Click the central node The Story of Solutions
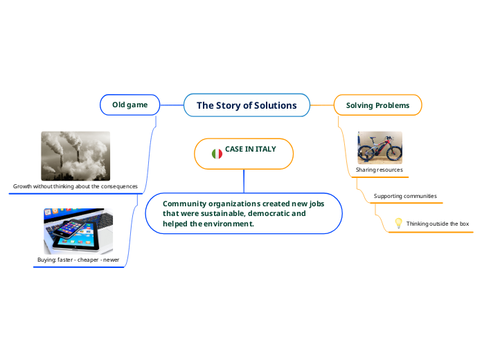[247, 106]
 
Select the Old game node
[130, 105]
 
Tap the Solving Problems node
[377, 105]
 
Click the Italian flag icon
[217, 154]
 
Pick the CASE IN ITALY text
[251, 150]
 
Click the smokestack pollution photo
[75, 156]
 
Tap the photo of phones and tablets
[78, 231]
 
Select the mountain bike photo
[379, 147]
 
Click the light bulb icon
[398, 223]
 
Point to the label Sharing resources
[379, 170]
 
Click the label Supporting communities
[405, 196]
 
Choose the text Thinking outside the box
[438, 224]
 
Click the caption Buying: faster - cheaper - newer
[78, 260]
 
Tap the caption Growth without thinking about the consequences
[75, 186]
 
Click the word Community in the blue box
[185, 204]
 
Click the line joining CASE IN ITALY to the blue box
[244, 180]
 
